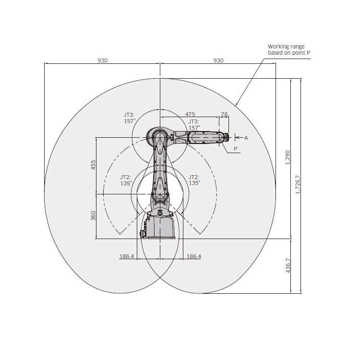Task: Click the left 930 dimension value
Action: pos(103,60)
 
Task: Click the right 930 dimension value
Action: pos(218,60)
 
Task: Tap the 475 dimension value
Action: pos(190,114)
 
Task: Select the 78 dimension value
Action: pos(224,114)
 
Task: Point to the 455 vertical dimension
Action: pos(93,165)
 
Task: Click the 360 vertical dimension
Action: pos(93,216)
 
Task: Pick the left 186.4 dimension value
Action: pos(127,256)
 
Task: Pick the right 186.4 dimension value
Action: pos(194,256)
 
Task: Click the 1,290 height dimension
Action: pos(288,157)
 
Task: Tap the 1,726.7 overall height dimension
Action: pos(298,185)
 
